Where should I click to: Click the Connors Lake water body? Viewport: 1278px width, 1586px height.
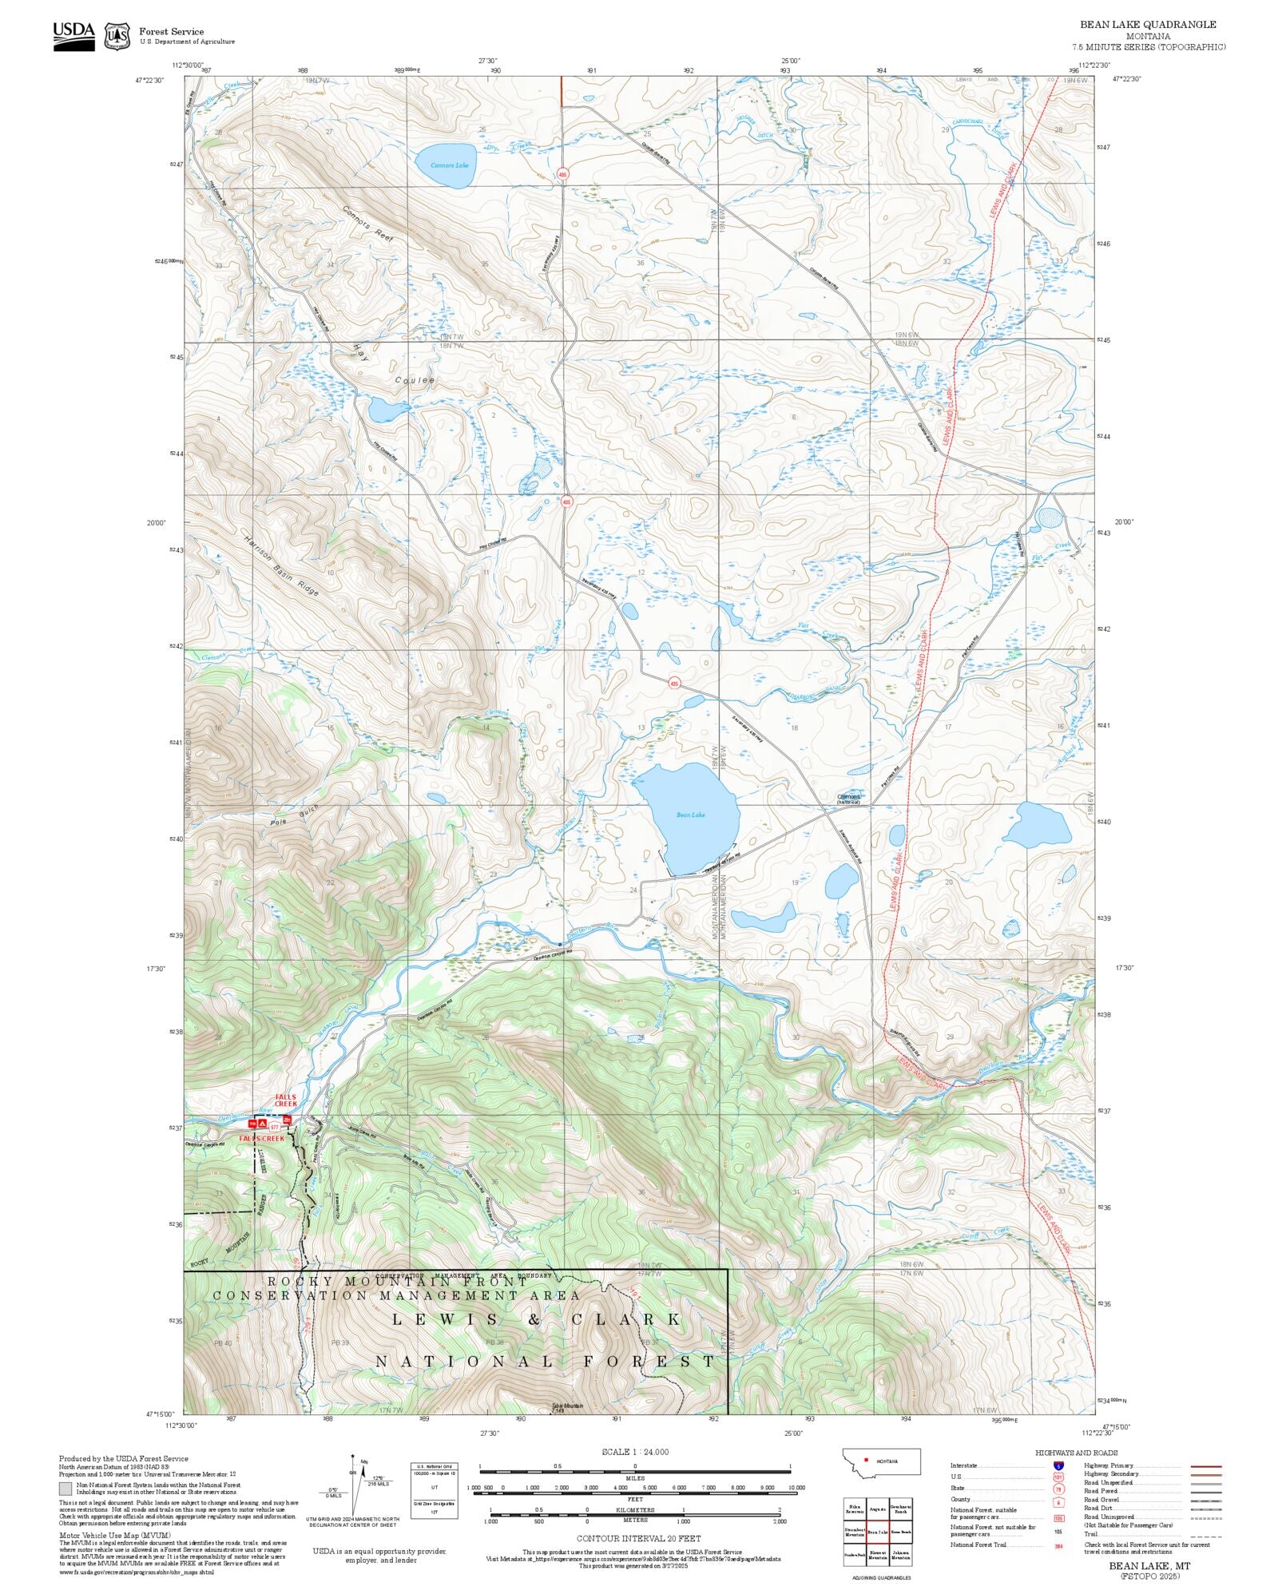[444, 165]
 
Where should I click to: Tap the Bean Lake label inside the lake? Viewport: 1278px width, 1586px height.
[690, 815]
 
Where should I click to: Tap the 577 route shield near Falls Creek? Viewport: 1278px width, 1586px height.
[274, 1126]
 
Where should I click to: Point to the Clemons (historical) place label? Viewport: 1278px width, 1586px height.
[848, 798]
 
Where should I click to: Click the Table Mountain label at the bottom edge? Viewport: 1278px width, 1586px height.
[567, 1406]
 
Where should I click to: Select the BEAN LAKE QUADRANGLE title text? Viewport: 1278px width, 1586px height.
[1148, 25]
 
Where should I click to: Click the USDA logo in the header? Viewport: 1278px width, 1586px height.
[73, 36]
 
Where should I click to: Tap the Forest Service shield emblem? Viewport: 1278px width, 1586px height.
[117, 36]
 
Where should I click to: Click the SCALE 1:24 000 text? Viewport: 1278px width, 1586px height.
[635, 1452]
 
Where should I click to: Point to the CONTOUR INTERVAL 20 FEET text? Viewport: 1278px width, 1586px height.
[638, 1538]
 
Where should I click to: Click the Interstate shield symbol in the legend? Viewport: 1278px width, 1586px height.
[1058, 1466]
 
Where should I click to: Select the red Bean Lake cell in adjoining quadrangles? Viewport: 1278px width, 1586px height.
[878, 1532]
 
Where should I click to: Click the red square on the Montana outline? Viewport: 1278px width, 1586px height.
[866, 1460]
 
